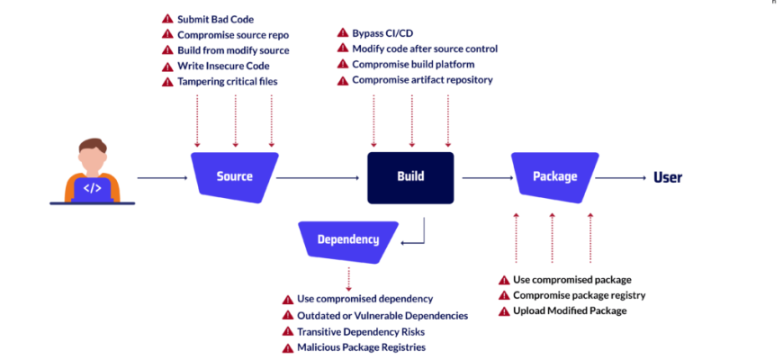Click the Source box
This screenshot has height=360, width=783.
click(x=234, y=176)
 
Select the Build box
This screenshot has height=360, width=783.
click(x=410, y=176)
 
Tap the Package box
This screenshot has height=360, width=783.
click(x=554, y=176)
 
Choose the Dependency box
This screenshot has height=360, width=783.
click(x=347, y=239)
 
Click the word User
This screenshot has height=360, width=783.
click(x=668, y=176)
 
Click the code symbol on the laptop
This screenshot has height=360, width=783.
click(x=92, y=188)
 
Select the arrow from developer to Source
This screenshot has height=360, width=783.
click(x=162, y=178)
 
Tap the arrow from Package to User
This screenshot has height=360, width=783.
click(x=621, y=178)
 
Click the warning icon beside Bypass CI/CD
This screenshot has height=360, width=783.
click(x=342, y=32)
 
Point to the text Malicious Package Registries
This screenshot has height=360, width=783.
click(x=361, y=347)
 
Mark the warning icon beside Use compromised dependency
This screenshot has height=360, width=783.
click(x=288, y=299)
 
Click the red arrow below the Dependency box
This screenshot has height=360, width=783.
click(x=348, y=277)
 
